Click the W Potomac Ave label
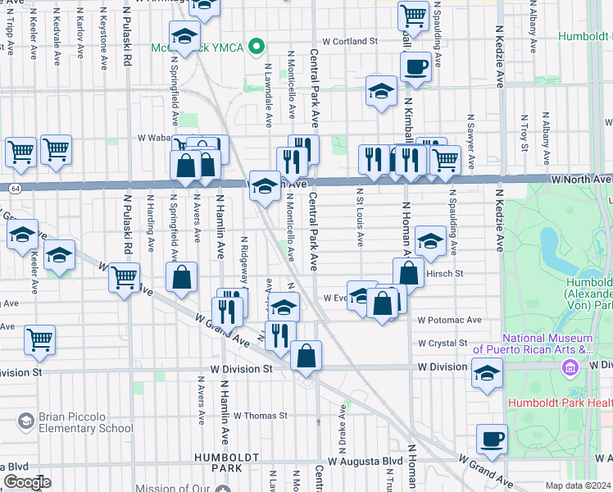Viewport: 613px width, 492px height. (x=449, y=320)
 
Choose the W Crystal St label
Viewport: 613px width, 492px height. (x=442, y=343)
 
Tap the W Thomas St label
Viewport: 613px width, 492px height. (x=260, y=415)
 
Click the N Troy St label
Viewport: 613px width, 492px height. (x=524, y=135)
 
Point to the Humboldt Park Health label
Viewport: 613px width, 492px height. (x=560, y=403)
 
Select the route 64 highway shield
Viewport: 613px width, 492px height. (x=16, y=188)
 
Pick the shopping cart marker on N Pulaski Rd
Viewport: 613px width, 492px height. (x=124, y=277)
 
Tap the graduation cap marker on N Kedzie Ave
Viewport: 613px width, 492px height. (x=487, y=374)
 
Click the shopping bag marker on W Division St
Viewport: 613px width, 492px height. (x=306, y=356)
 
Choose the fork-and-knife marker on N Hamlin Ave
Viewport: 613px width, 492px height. (x=227, y=311)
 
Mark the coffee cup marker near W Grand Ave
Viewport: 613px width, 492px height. (x=492, y=439)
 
